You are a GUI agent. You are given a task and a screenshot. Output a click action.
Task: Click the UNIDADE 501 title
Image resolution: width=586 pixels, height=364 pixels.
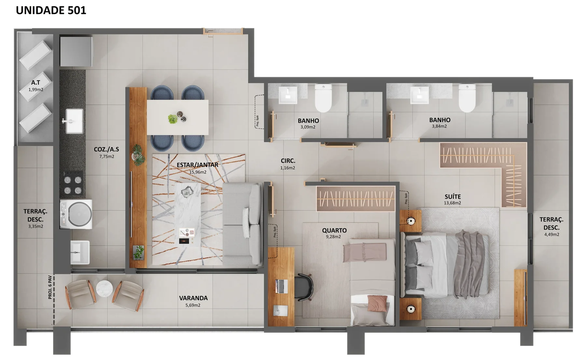(51, 10)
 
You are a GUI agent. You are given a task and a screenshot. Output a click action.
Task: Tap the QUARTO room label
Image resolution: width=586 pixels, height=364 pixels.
(334, 230)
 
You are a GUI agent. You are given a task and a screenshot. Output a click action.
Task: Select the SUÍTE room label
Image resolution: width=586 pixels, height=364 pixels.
(453, 197)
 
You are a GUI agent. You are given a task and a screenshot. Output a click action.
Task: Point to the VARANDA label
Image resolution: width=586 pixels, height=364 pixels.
(193, 298)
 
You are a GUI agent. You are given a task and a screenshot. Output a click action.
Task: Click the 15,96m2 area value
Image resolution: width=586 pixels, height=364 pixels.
(198, 172)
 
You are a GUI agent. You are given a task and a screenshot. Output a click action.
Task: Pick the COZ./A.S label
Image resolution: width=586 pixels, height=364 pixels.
(106, 149)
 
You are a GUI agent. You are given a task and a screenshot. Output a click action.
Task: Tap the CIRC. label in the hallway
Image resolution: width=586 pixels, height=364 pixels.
(288, 161)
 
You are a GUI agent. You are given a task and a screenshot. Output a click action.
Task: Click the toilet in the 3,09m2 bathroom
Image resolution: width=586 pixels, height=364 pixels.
(323, 98)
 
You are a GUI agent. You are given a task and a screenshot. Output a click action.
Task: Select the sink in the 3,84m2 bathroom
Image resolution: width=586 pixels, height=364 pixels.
(419, 95)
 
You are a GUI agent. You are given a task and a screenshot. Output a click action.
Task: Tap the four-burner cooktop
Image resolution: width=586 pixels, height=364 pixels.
(73, 185)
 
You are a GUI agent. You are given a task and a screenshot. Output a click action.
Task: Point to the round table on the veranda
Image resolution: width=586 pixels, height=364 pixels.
(105, 289)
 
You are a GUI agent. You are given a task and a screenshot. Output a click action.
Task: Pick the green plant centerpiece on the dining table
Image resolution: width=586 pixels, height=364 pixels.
(173, 119)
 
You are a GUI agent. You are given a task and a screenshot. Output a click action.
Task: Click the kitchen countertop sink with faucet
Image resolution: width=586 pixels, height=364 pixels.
(74, 121)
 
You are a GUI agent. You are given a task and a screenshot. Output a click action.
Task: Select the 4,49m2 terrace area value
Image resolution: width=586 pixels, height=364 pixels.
(551, 234)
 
